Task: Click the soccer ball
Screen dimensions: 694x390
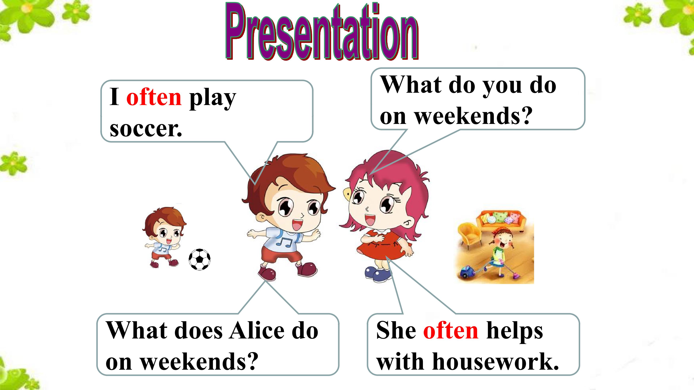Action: [199, 259]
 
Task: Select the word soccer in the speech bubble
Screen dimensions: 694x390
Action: [146, 129]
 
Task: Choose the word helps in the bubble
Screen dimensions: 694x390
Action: [515, 332]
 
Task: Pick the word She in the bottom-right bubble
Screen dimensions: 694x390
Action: [396, 330]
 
